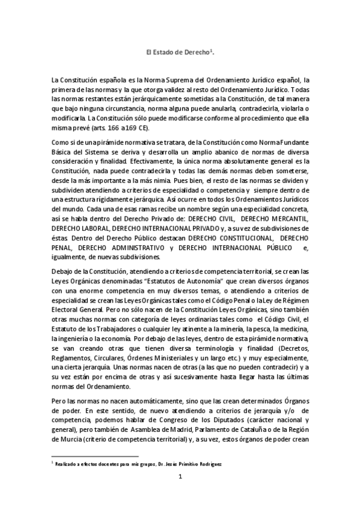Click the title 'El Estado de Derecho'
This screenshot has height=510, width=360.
(x=179, y=53)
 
